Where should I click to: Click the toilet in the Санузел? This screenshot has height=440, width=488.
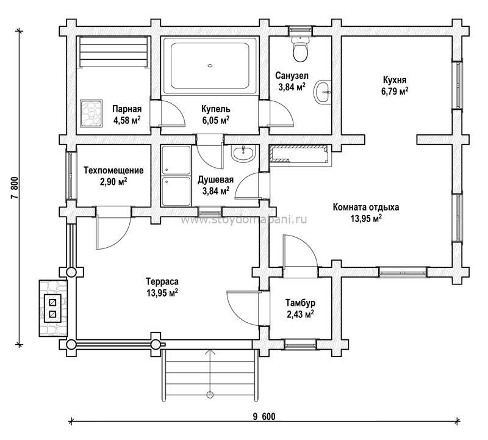click(x=301, y=49)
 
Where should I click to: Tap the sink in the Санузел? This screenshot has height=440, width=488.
click(x=323, y=92)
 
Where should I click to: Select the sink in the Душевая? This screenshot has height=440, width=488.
click(x=243, y=153)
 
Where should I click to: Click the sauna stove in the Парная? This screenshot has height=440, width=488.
click(x=91, y=114)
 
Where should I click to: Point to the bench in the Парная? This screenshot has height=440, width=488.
click(x=113, y=52)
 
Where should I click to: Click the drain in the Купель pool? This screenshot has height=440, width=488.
click(x=210, y=66)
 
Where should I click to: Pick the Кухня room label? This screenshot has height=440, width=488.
click(x=394, y=80)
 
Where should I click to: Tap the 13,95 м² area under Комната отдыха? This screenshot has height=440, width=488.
click(x=366, y=218)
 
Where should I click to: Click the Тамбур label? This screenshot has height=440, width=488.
click(x=300, y=302)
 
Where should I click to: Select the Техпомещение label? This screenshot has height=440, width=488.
click(x=113, y=170)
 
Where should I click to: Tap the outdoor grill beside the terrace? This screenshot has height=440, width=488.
click(x=52, y=308)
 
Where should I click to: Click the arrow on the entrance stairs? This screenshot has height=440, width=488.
click(x=210, y=373)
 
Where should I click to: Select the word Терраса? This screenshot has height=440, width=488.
click(x=162, y=281)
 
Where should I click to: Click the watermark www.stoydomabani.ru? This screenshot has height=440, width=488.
click(x=243, y=220)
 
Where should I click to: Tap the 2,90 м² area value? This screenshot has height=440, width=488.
click(x=113, y=181)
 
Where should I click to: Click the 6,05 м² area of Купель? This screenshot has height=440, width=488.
click(x=216, y=120)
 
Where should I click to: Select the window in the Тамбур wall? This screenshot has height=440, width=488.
click(x=300, y=344)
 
